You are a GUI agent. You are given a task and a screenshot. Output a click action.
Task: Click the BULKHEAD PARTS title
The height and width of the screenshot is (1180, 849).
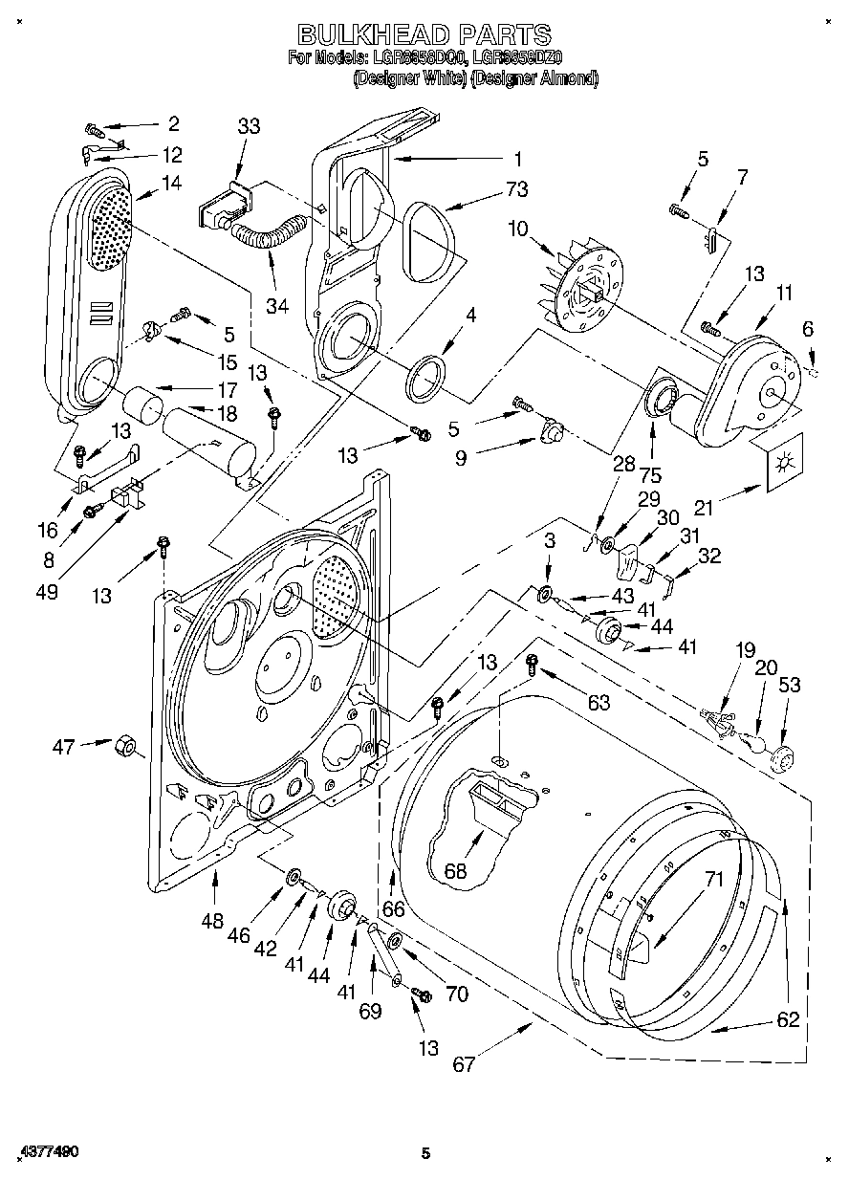pos(425,35)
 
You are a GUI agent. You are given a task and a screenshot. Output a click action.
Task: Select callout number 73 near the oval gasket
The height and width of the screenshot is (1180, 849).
pos(516,190)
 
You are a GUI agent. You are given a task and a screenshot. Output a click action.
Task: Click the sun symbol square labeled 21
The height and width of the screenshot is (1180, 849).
pos(783,465)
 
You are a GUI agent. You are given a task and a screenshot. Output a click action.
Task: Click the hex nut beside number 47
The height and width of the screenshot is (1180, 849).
pos(123,745)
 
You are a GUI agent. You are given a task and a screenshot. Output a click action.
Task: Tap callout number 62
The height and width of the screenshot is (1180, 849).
pos(787,1019)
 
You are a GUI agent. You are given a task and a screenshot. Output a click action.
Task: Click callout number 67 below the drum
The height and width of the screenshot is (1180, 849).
pos(464,1064)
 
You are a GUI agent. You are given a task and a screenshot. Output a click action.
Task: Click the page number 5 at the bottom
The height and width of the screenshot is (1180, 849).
pos(425,1154)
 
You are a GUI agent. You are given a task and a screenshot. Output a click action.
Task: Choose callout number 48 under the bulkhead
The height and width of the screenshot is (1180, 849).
pos(212,921)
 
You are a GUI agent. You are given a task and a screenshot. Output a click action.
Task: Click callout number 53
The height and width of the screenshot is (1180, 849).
pos(790,685)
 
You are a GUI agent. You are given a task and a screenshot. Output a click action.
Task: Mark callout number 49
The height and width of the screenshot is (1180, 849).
pos(47,592)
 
